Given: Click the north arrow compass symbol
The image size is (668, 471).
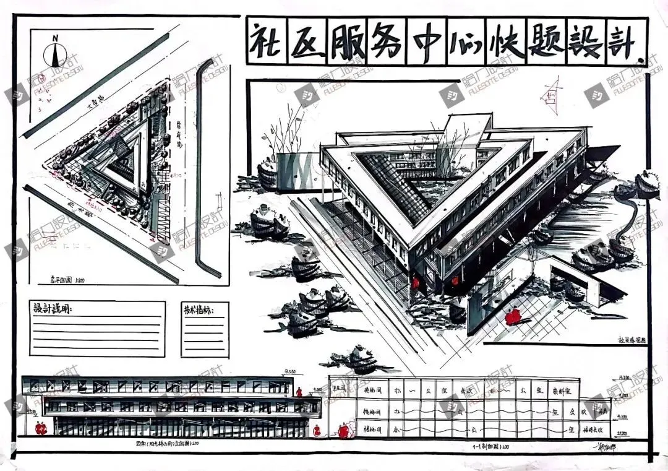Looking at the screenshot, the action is (x=56, y=53).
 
